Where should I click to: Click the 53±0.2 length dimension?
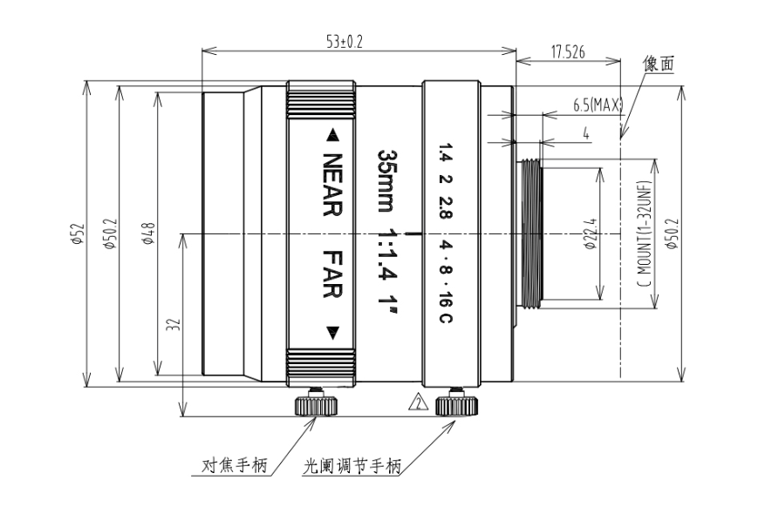(x=345, y=43)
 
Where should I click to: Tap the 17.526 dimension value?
(x=568, y=52)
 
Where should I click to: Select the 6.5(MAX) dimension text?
(x=598, y=105)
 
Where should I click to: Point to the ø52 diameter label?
(x=78, y=233)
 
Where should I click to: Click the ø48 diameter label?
(x=149, y=233)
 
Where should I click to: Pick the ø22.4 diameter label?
(x=591, y=233)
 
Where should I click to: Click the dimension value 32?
(x=174, y=325)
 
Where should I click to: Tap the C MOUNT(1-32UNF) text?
(x=645, y=233)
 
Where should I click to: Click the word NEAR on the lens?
(x=332, y=185)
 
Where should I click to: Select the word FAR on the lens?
(x=332, y=274)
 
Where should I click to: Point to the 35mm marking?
(x=388, y=180)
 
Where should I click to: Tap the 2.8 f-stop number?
(x=446, y=208)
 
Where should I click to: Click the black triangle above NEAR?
(x=332, y=135)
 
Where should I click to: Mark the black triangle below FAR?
(x=332, y=333)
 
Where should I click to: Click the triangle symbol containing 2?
(x=418, y=402)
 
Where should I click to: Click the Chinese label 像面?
(x=659, y=64)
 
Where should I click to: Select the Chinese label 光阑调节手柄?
(x=352, y=466)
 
